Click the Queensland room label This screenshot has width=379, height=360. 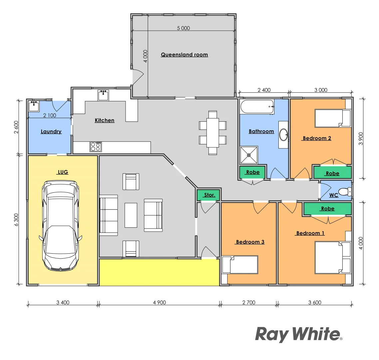184,55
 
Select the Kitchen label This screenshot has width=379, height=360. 105,120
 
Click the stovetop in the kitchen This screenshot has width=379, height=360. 96,147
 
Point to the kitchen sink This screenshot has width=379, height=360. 103,95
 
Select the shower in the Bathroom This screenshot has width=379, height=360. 249,155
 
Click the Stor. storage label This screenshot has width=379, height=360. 209,195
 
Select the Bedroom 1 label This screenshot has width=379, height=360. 310,233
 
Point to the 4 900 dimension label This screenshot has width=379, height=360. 159,303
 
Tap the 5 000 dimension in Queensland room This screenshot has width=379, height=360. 184,28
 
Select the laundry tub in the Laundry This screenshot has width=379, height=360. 34,106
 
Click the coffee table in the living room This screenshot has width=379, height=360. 131,215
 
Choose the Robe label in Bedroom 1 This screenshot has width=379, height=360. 327,209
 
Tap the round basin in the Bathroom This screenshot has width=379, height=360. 283,135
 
